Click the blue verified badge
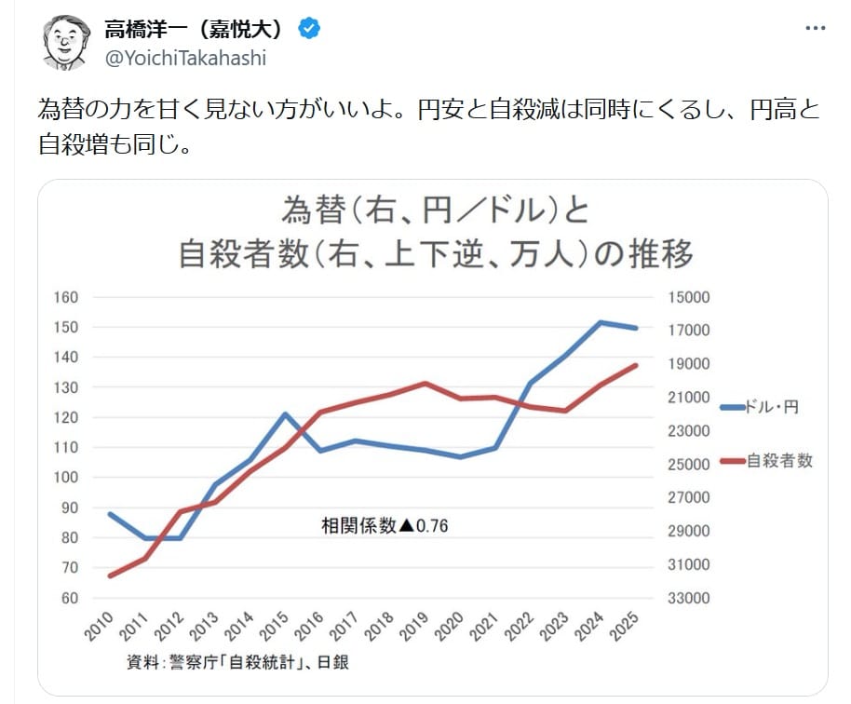(x=309, y=29)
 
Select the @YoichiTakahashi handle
(x=185, y=58)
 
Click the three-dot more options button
(x=815, y=29)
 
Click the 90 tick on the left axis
(x=71, y=508)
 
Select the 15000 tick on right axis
(x=690, y=297)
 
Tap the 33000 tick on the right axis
(x=690, y=598)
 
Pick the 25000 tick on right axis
(x=690, y=465)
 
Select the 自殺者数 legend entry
(x=779, y=460)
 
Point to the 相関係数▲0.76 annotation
(x=385, y=525)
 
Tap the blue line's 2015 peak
(x=286, y=413)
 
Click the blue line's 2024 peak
(x=601, y=322)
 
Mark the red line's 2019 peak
(x=425, y=383)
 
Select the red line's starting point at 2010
(x=111, y=575)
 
